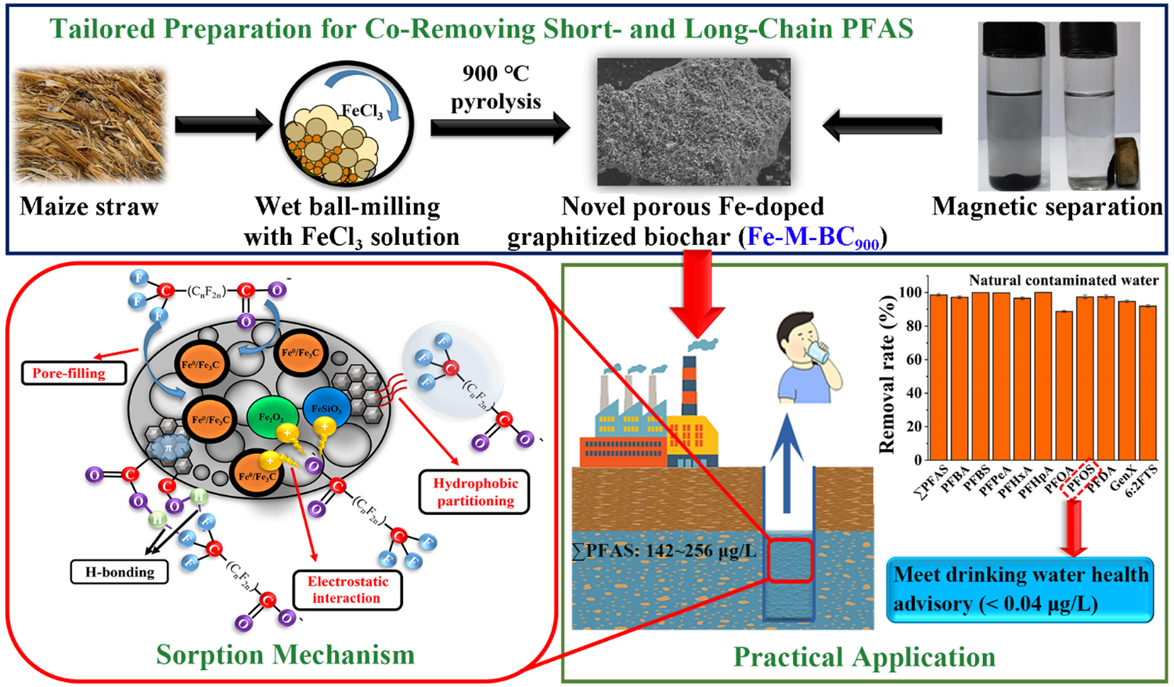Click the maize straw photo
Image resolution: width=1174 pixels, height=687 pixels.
click(89, 125)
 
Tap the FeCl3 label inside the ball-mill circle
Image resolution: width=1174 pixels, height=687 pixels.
click(362, 111)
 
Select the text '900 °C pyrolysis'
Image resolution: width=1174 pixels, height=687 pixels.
click(495, 88)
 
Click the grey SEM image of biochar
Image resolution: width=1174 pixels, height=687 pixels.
click(693, 121)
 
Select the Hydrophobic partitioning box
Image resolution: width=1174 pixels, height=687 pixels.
click(475, 492)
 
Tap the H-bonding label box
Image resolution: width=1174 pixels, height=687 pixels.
click(120, 572)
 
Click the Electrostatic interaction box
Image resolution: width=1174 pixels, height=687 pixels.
click(348, 590)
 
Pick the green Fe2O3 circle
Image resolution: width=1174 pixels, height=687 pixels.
click(271, 417)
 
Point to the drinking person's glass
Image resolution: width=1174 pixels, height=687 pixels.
click(819, 353)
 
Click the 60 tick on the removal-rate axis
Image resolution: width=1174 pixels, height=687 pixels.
click(912, 360)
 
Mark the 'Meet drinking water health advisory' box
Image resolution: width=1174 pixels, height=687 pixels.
click(1020, 589)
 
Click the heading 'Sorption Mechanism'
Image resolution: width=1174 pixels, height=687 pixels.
click(285, 655)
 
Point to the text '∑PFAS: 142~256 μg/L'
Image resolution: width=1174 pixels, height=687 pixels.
click(664, 551)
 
